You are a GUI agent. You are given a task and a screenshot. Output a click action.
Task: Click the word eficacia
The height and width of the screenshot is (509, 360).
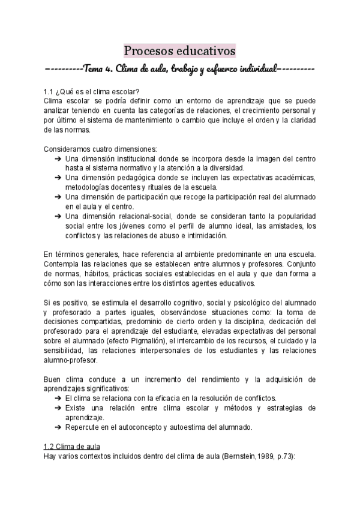(166, 399)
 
